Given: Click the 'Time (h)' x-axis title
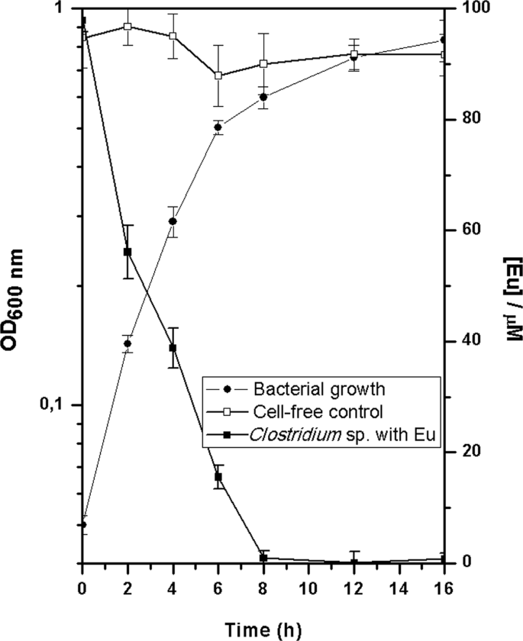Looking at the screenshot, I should tap(263, 627).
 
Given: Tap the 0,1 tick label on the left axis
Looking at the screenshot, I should tap(58, 405).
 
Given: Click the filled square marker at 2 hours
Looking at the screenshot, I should tap(128, 252).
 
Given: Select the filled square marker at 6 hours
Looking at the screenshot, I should tap(218, 477).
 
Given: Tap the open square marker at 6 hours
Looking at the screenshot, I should tap(218, 76).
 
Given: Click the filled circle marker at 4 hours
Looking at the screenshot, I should tap(173, 221).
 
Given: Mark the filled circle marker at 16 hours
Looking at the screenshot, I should tap(444, 40).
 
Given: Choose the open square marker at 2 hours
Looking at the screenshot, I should tap(128, 26).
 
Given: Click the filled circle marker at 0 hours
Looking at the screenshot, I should tap(82, 524).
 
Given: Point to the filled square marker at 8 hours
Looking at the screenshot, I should tap(263, 558).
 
